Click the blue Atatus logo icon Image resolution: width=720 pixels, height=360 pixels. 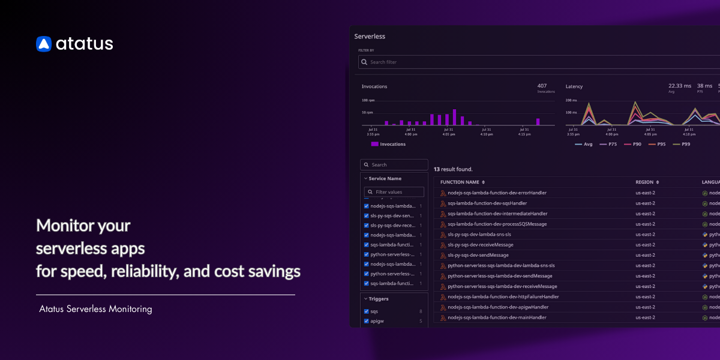click(x=44, y=44)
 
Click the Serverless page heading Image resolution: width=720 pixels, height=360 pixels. click(x=370, y=37)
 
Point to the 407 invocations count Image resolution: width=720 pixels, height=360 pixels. click(x=542, y=86)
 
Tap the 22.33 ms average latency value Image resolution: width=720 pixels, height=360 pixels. click(x=680, y=86)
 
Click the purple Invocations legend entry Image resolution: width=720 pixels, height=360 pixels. click(x=388, y=144)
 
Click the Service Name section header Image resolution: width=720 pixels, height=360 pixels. click(x=385, y=178)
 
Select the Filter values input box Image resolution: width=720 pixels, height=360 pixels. click(x=394, y=192)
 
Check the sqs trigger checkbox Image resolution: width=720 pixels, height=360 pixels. click(x=367, y=311)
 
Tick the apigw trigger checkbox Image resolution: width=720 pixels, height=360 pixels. click(x=367, y=321)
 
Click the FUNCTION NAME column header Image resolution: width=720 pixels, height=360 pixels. click(x=460, y=182)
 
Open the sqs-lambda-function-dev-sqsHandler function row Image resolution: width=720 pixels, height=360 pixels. click(x=487, y=203)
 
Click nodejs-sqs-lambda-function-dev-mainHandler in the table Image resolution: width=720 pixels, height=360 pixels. click(x=497, y=317)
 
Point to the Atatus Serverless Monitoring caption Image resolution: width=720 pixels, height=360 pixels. click(x=95, y=309)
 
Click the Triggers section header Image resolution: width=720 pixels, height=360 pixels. click(x=378, y=298)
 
